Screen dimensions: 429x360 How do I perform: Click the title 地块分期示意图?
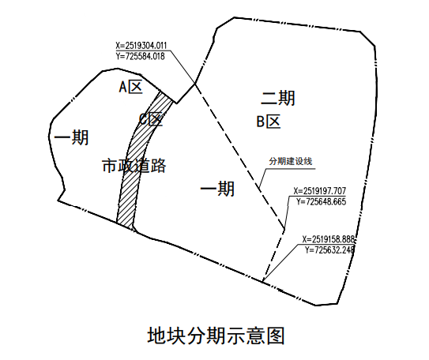[216, 335]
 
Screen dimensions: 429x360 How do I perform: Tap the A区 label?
[131, 87]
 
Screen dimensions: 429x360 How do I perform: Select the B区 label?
[269, 122]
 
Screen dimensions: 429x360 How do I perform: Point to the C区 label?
[151, 119]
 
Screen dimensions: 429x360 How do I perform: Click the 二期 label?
[278, 98]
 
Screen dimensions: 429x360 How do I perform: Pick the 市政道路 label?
[134, 165]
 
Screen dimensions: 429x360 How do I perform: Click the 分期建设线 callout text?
[291, 161]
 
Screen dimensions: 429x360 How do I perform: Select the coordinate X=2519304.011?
[141, 45]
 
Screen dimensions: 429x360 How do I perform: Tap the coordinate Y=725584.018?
[141, 56]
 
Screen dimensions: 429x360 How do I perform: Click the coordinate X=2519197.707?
[320, 190]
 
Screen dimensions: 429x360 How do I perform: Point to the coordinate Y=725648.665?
[322, 201]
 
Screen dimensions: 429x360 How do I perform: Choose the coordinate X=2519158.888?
[329, 239]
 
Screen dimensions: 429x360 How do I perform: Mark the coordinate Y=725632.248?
[330, 249]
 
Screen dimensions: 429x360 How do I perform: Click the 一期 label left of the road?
[72, 137]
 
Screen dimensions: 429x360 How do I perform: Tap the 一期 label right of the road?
[217, 189]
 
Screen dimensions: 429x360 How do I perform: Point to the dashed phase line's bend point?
[284, 229]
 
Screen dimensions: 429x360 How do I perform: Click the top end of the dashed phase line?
[195, 84]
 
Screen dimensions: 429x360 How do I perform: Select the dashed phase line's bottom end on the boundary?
[262, 282]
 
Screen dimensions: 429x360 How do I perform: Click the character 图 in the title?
[276, 336]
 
